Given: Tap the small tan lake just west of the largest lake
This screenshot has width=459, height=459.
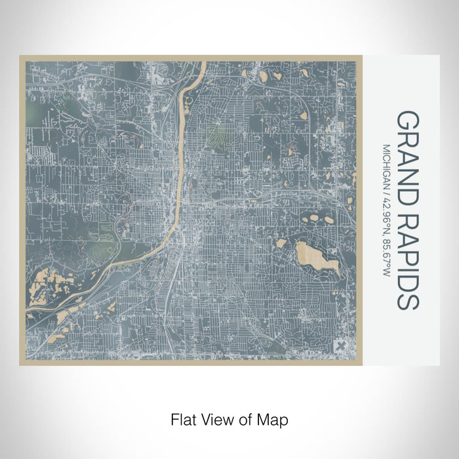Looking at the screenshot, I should click(x=281, y=243).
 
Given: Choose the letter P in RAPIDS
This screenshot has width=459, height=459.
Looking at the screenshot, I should click(x=408, y=250).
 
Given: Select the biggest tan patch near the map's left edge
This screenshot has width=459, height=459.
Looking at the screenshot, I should click(x=39, y=281).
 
